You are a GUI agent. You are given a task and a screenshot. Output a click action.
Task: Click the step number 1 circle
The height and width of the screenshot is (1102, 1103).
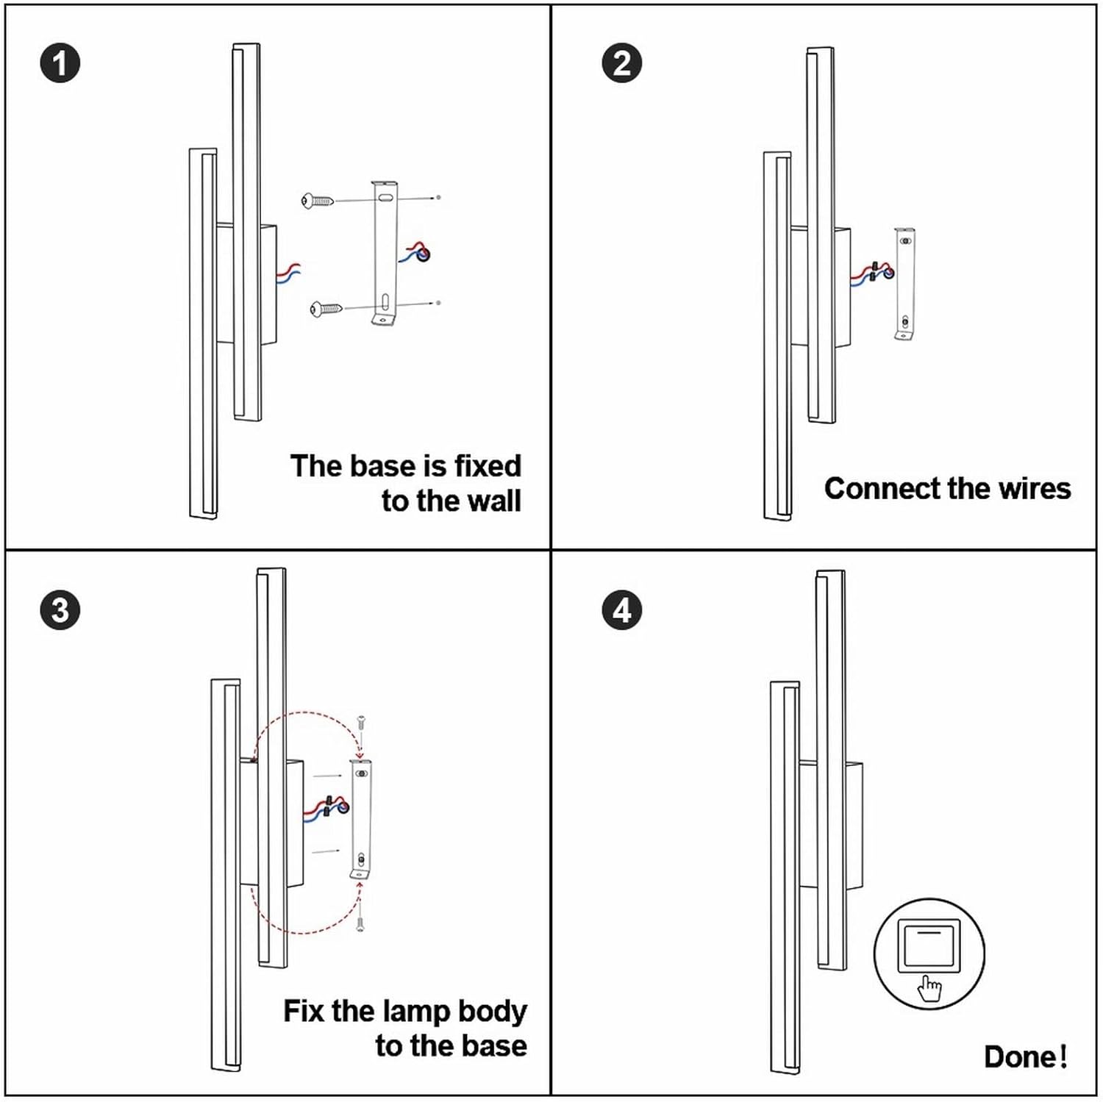60,63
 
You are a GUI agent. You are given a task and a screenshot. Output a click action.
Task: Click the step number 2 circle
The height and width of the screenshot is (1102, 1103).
621,63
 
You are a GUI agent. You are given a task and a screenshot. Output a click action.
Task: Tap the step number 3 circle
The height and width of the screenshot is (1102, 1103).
60,610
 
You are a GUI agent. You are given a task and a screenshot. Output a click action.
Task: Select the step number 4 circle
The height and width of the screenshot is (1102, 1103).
621,610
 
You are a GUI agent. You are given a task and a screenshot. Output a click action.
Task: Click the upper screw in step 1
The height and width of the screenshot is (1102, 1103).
317,200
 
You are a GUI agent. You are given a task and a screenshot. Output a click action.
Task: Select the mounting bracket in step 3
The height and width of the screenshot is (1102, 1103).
360,819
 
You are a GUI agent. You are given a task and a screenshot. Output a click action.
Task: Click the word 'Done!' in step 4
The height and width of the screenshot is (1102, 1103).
1025,1056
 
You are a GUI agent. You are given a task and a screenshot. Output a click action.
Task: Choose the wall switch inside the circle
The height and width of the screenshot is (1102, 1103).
929,946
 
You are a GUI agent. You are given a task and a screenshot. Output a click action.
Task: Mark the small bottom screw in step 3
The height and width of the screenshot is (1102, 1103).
360,924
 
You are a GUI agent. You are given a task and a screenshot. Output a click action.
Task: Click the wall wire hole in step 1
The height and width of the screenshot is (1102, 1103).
424,254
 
